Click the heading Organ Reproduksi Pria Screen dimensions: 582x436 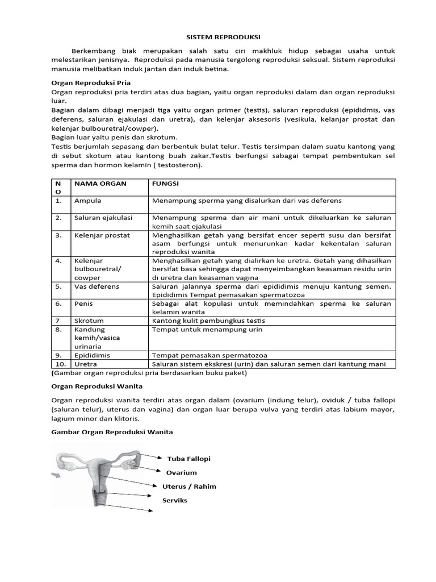(x=84, y=83)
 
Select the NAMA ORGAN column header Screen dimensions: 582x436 (x=100, y=184)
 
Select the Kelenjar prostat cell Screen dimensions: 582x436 (x=102, y=235)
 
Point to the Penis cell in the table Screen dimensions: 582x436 (x=83, y=304)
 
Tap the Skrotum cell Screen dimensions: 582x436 (x=89, y=321)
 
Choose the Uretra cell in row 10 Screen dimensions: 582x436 (x=86, y=364)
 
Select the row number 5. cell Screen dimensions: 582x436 (x=58, y=286)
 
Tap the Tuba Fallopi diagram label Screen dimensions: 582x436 (x=185, y=459)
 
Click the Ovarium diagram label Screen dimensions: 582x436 (x=182, y=472)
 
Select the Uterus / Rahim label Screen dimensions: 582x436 (x=189, y=487)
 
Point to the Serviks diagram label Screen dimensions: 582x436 (x=175, y=500)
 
